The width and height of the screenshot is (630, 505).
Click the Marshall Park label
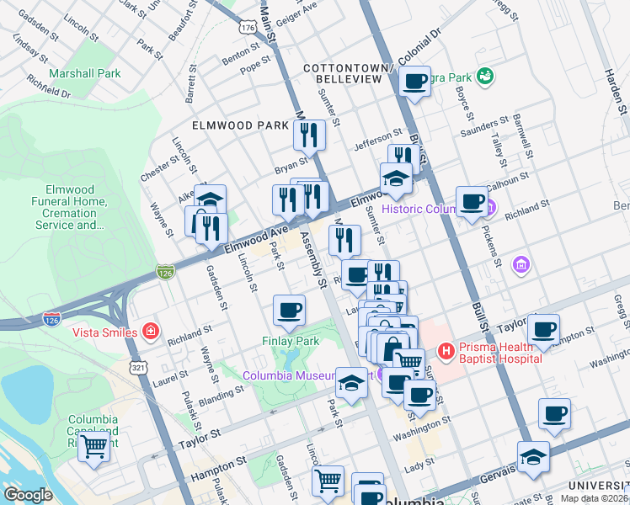pos(85,73)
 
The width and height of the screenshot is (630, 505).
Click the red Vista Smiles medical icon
pos(151,332)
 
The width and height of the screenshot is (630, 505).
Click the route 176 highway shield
pos(247,28)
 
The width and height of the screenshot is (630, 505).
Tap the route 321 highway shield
pos(139,368)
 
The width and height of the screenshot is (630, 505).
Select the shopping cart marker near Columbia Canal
pos(94,446)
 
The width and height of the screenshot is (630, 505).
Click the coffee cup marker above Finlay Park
pos(289,310)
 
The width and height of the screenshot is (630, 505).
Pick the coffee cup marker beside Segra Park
pos(414,82)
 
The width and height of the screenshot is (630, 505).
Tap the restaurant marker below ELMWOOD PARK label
pos(309,134)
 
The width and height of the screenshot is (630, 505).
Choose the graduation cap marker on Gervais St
pos(533,457)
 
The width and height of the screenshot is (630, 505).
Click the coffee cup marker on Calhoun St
pos(472,201)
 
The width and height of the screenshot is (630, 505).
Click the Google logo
pos(28,495)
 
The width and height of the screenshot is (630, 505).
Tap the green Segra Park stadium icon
pos(484,77)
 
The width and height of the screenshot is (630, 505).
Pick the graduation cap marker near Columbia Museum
pos(351,385)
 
